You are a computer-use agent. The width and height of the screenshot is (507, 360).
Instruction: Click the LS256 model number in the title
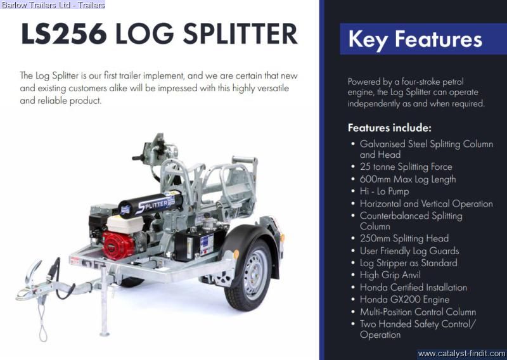tap(64, 34)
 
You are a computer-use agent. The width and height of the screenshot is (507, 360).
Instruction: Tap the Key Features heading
tap(415, 39)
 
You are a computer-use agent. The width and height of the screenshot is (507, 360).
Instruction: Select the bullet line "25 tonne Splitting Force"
tap(406, 167)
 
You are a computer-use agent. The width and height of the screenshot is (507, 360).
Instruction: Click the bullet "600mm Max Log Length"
tap(408, 179)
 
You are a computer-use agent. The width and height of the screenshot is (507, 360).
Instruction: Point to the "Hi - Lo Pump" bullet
tap(385, 191)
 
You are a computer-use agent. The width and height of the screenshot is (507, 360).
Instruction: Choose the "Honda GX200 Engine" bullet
tap(404, 300)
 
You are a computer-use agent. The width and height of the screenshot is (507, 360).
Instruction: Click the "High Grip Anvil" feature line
tap(390, 275)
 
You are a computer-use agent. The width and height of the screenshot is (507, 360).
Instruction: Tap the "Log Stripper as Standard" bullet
tap(408, 263)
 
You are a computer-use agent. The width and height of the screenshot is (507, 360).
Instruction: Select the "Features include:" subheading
tap(390, 128)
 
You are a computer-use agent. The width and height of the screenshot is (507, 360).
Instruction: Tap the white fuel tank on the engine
tap(125, 224)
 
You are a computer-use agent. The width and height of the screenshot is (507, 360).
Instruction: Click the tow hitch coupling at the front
tap(30, 285)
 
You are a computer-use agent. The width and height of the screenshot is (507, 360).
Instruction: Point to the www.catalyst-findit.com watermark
tap(461, 354)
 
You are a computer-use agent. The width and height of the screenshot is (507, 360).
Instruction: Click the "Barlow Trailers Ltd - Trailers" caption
tap(53, 5)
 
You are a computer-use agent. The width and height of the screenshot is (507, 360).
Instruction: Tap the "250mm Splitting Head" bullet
tap(404, 238)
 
